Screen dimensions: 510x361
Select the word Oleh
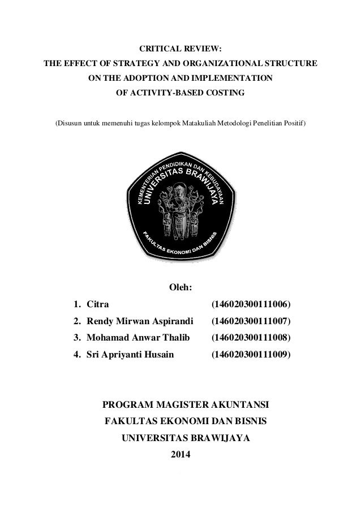(180, 290)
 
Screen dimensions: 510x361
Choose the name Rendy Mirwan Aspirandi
(132, 322)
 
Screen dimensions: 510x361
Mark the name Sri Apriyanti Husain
(130, 355)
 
